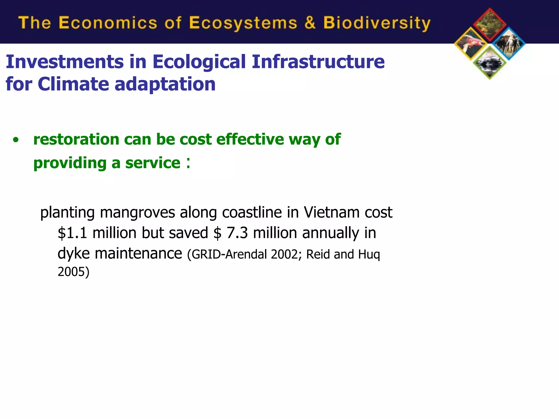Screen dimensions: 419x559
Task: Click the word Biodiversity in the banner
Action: [377, 23]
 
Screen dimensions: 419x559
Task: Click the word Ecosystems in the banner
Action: [243, 23]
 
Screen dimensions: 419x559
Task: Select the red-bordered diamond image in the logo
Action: [490, 25]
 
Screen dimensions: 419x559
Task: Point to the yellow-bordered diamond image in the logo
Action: [471, 44]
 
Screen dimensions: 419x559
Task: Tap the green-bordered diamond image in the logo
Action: [490, 63]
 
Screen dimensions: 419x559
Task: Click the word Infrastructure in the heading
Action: [318, 62]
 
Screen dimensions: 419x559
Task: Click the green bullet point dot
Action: [16, 140]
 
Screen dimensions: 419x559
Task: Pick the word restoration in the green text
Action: [76, 139]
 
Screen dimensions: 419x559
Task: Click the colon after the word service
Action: [188, 163]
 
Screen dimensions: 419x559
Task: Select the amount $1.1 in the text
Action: [72, 233]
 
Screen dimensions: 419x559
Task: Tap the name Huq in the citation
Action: [369, 255]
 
